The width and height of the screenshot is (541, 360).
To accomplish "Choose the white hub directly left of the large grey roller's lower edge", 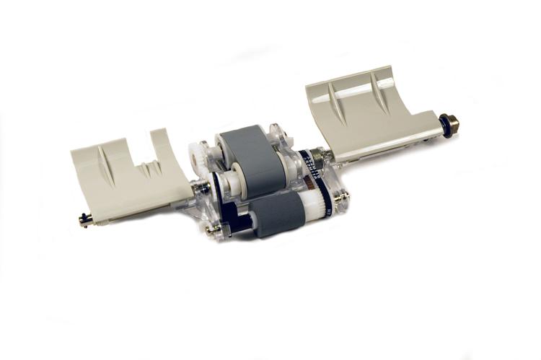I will click(x=232, y=180).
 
